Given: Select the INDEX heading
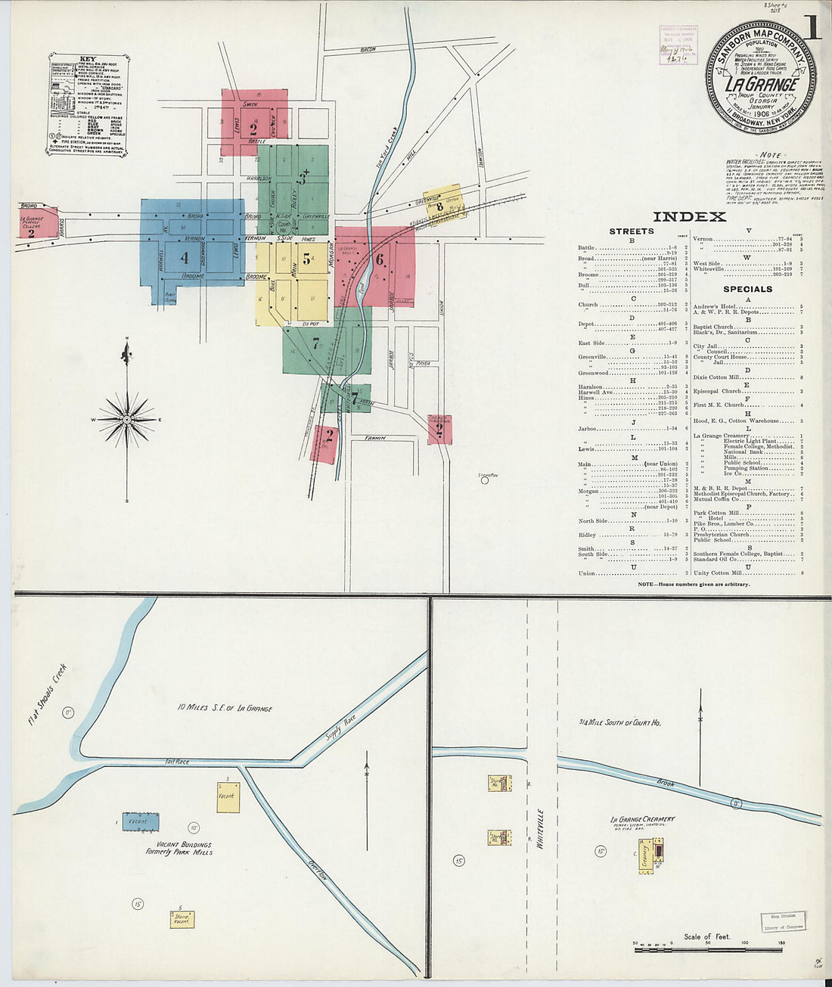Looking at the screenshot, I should [x=689, y=217].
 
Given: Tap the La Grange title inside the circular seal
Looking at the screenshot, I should [x=761, y=84].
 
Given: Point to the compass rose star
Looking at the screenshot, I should [x=127, y=418].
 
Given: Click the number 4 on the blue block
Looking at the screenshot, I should [x=184, y=258].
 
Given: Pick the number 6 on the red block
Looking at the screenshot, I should [x=380, y=259].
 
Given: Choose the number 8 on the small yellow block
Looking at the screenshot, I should [x=439, y=206].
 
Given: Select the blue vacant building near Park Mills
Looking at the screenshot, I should [x=141, y=821].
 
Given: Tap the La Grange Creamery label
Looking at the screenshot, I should [x=642, y=819].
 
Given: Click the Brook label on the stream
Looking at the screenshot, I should [x=666, y=784].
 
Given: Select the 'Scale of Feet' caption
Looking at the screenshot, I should [x=706, y=937].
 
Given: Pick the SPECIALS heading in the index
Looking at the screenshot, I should [x=747, y=289].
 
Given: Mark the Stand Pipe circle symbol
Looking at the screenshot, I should [x=485, y=480].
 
